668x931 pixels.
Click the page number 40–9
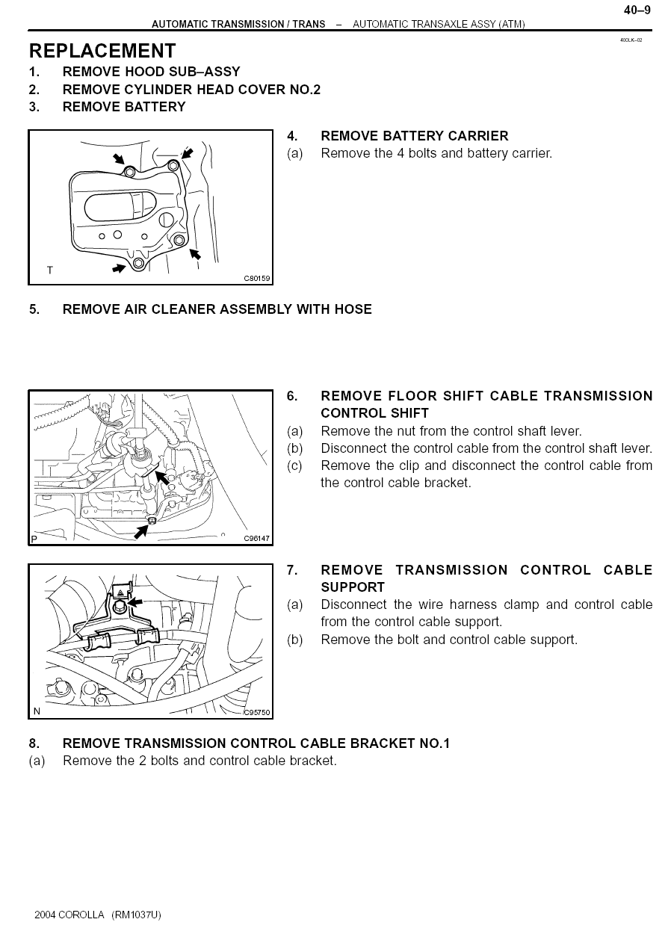[x=637, y=10]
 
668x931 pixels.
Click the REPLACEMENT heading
[x=102, y=51]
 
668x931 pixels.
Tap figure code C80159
[x=257, y=279]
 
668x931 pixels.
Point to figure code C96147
[x=257, y=539]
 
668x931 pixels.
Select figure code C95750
[x=257, y=713]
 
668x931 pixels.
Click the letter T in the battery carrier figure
[x=50, y=270]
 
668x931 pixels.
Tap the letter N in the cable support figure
[x=37, y=711]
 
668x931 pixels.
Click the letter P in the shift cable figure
[x=34, y=539]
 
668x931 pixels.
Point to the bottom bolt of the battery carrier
[x=138, y=264]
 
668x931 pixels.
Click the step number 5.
[x=34, y=309]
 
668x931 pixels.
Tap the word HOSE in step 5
[x=353, y=309]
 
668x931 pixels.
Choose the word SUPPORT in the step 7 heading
[x=353, y=587]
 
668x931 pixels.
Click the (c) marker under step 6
[x=294, y=466]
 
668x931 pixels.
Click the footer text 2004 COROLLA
[x=69, y=915]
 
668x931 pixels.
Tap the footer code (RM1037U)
[x=136, y=915]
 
